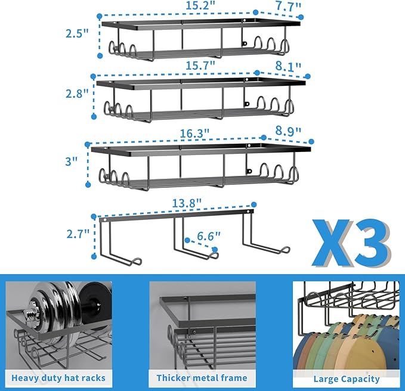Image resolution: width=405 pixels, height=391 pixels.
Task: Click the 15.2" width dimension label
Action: click(200, 5)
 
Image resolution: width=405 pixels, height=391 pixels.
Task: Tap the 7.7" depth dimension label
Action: click(288, 6)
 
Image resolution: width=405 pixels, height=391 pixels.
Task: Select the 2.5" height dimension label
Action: click(77, 33)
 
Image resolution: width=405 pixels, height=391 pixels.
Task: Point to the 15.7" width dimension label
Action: click(200, 66)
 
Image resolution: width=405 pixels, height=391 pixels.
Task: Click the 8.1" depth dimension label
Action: click(288, 66)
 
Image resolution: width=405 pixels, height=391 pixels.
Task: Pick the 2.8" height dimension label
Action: click(77, 93)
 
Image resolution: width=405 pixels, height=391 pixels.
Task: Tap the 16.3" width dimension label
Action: click(194, 134)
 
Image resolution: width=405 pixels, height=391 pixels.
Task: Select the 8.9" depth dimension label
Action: click(288, 131)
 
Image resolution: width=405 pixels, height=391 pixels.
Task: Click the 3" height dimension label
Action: click(72, 162)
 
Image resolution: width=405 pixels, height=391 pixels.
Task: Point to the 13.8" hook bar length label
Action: click(187, 203)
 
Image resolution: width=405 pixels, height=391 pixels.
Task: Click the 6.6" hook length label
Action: click(209, 236)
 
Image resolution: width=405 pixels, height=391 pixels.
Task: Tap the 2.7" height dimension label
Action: click(78, 234)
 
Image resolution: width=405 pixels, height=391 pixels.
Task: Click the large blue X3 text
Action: click(351, 243)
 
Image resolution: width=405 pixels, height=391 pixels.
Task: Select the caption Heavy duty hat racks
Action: click(58, 378)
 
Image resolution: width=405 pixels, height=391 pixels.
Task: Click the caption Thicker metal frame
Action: click(202, 378)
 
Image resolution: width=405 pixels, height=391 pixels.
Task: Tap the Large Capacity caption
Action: click(347, 379)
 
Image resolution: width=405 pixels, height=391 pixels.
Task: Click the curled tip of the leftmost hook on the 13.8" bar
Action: click(137, 261)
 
